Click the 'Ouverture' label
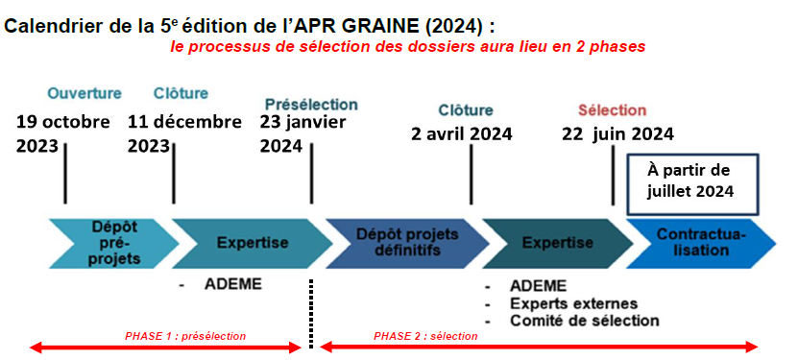pyautogui.click(x=85, y=93)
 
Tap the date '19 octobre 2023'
pyautogui.click(x=62, y=133)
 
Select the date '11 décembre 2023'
pyautogui.click(x=184, y=133)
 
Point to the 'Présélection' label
pyautogui.click(x=311, y=105)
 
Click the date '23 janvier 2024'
pyautogui.click(x=303, y=133)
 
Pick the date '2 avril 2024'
pyautogui.click(x=462, y=134)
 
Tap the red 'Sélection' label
pyautogui.click(x=613, y=110)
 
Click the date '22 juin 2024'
pyautogui.click(x=617, y=134)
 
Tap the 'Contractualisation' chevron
pyautogui.click(x=701, y=243)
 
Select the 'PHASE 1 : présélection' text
pyautogui.click(x=185, y=336)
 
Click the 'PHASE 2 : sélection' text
pyautogui.click(x=425, y=336)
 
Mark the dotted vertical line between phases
pyautogui.click(x=311, y=313)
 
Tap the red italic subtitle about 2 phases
pyautogui.click(x=408, y=47)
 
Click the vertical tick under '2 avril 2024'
pyautogui.click(x=471, y=175)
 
